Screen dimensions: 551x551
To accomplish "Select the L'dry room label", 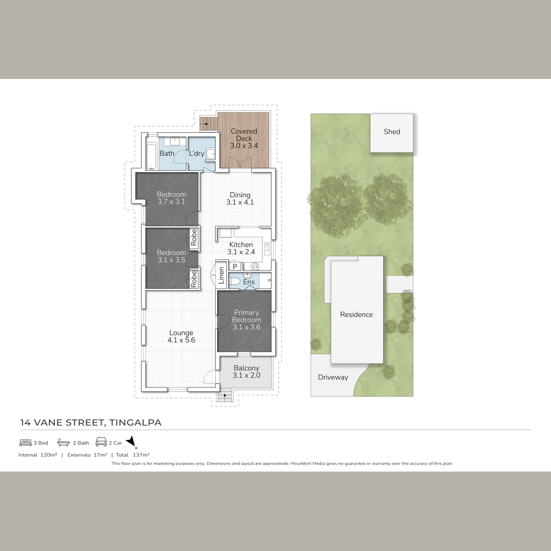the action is coord(197,153).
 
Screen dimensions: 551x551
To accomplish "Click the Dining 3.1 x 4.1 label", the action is coord(240,199).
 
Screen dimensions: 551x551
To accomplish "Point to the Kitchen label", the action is coord(241,245).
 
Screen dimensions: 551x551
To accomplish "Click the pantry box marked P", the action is coord(235,266).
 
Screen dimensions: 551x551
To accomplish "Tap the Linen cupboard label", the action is coord(221,275).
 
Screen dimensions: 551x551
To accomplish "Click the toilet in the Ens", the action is coord(235,281).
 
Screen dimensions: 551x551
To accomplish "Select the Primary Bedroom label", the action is coord(246,316).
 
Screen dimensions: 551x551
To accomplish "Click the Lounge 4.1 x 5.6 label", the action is coord(181,337).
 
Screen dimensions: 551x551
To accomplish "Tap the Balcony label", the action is coord(247,368).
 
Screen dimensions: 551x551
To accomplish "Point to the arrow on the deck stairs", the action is coord(204,124).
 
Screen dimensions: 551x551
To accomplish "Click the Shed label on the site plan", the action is coord(392,131).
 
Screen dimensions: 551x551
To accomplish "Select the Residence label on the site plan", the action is coord(356,315).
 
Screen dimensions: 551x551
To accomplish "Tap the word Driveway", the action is coord(333,377).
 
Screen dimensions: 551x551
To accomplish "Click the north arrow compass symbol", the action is coord(131,441).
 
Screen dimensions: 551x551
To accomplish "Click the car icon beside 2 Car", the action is coord(101,442).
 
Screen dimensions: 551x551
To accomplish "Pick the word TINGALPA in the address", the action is coord(135,423).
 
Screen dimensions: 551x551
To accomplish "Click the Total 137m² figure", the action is coord(132,455).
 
